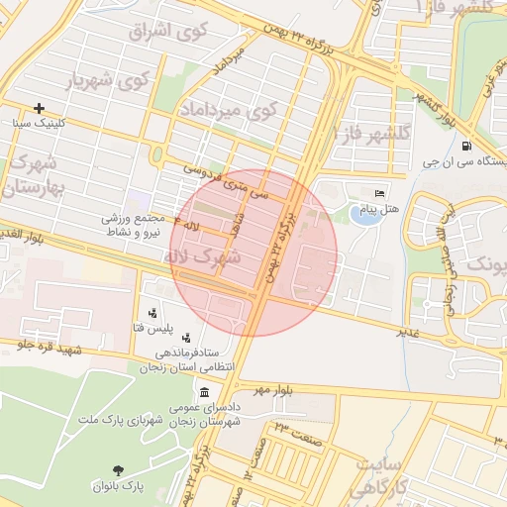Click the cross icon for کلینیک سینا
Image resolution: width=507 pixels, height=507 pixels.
point(39,108)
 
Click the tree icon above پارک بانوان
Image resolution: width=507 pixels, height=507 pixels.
point(119,470)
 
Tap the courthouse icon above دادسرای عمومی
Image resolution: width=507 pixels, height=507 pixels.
point(204,392)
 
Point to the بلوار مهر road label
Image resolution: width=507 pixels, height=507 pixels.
point(273,390)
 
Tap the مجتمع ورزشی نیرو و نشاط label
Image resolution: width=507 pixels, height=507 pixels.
point(136,224)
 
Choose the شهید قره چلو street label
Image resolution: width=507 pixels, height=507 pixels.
point(46,349)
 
